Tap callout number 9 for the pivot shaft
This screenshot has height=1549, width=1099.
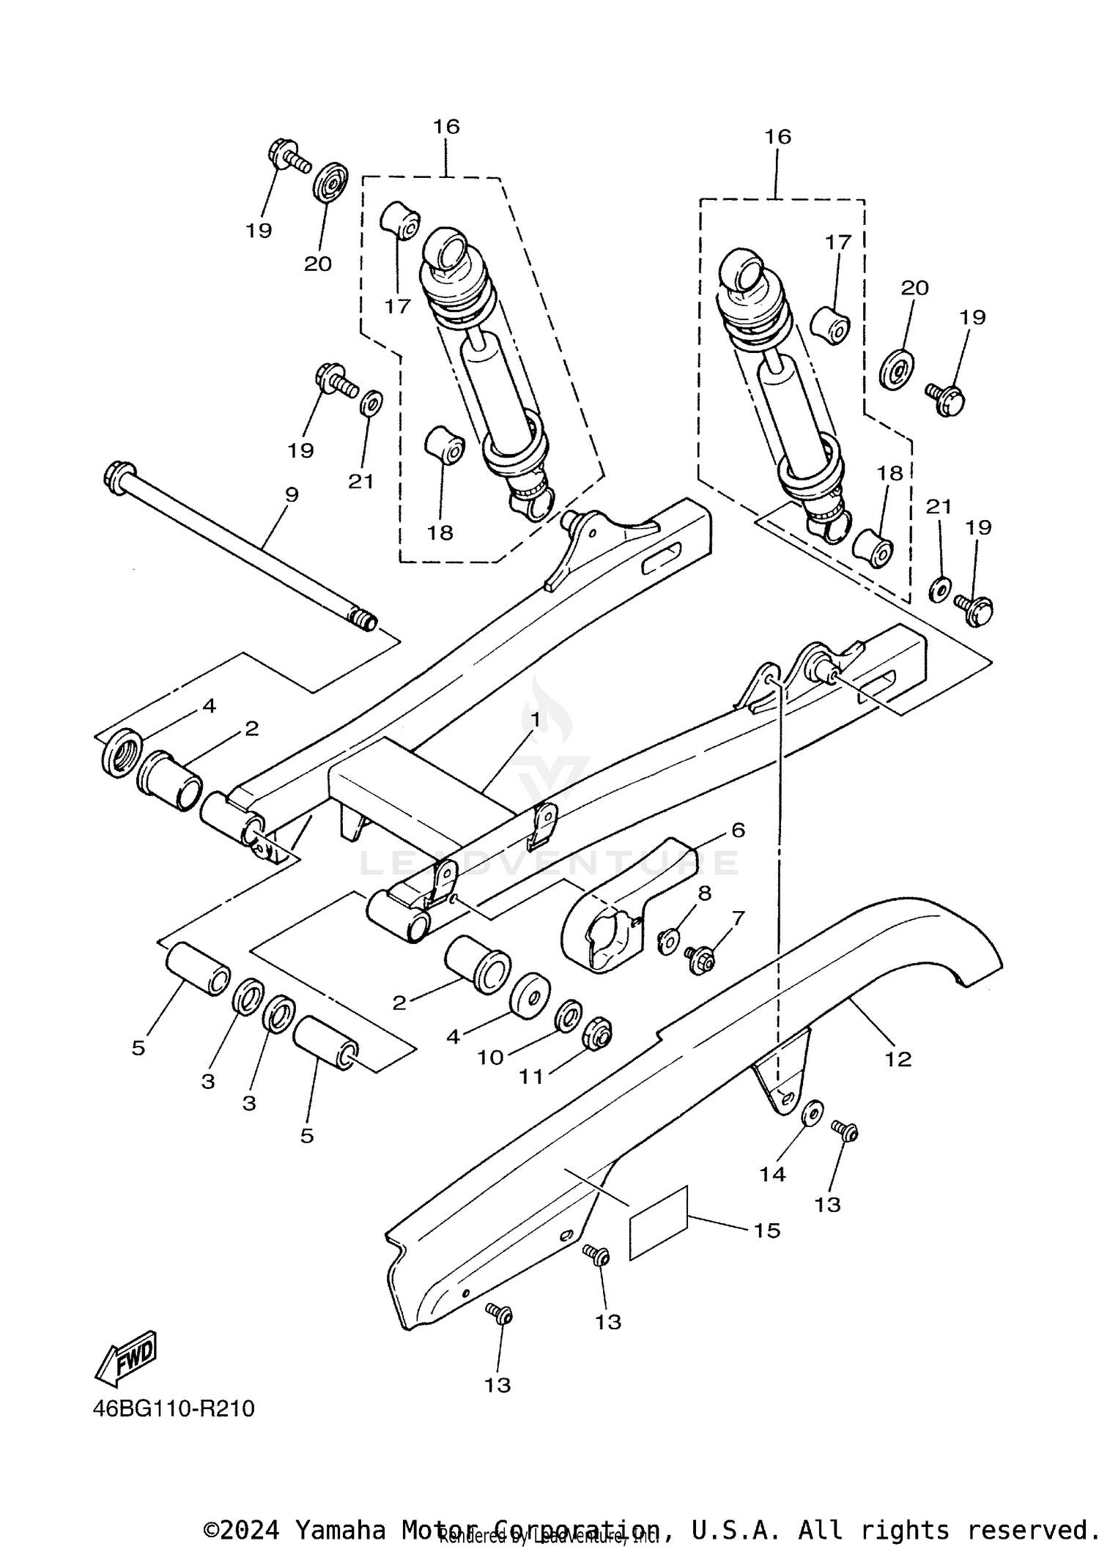point(292,495)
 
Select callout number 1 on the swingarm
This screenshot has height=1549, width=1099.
point(535,720)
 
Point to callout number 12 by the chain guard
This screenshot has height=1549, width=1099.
point(898,1058)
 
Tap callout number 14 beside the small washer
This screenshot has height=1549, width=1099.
point(773,1174)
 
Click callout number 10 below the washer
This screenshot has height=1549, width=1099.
point(491,1057)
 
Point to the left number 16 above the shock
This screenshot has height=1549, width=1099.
point(445,127)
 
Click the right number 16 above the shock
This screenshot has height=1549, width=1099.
point(778,137)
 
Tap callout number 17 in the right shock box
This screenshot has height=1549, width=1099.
point(838,242)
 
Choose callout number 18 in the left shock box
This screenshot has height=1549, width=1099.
point(440,532)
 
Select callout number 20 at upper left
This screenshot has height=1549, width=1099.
point(318,264)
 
